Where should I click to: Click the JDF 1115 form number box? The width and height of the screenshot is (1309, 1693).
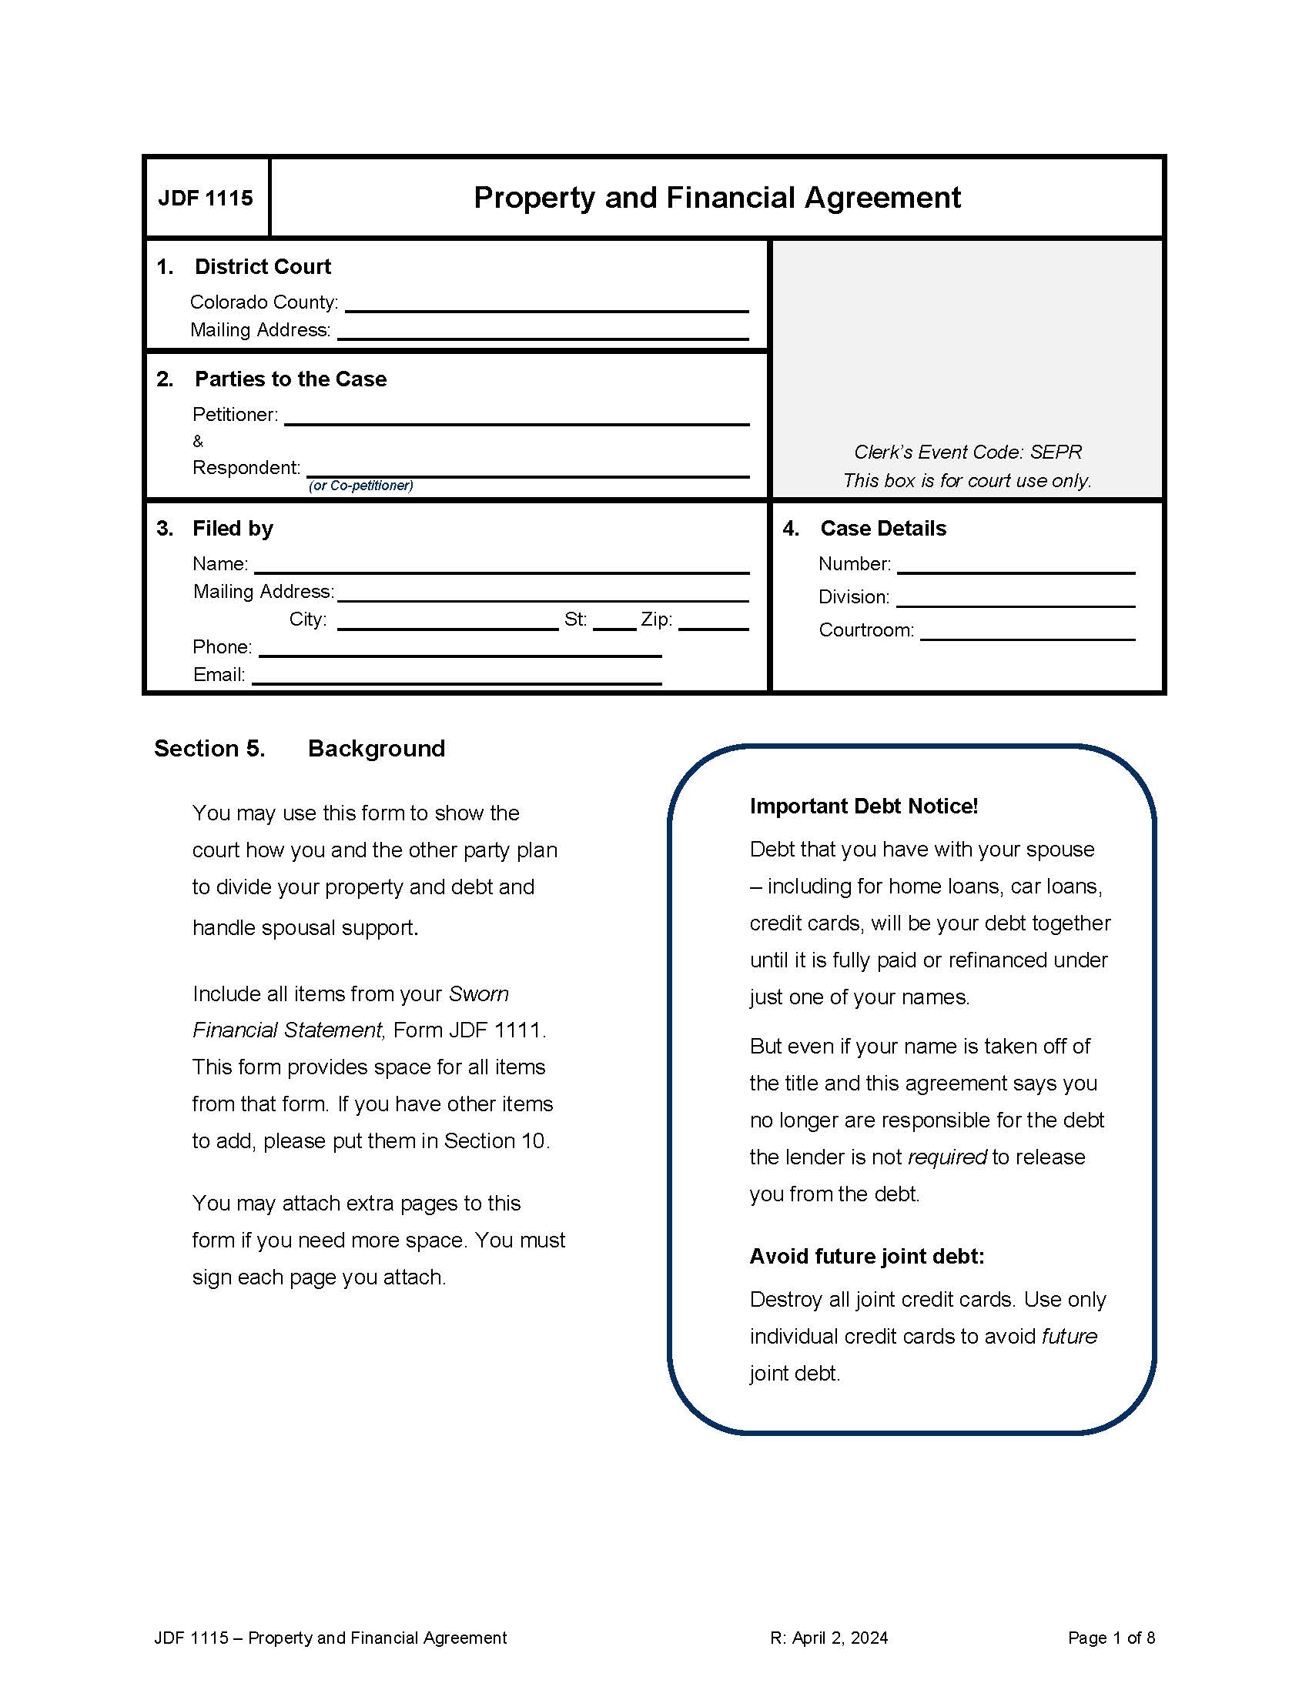tap(206, 199)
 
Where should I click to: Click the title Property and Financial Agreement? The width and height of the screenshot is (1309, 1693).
tap(717, 198)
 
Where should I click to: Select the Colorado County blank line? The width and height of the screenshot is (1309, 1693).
tap(546, 304)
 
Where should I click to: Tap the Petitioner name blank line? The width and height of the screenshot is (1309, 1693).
tap(517, 416)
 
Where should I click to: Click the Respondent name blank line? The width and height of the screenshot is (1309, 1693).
tap(527, 469)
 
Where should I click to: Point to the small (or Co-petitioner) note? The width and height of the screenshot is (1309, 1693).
tap(360, 486)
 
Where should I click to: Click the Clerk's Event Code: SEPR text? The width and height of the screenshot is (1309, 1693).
tap(967, 452)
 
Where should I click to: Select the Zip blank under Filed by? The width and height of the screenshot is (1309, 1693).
tap(714, 622)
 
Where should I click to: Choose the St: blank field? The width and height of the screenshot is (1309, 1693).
tap(614, 622)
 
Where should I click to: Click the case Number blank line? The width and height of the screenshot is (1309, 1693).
tap(1016, 566)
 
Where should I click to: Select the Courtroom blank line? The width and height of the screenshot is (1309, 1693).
tap(1027, 632)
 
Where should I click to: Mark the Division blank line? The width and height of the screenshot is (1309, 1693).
tap(1016, 599)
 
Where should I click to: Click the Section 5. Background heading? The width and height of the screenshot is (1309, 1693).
tap(300, 749)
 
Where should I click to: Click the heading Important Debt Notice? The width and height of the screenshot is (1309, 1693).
tap(863, 806)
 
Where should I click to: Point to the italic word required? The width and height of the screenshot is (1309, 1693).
tap(946, 1157)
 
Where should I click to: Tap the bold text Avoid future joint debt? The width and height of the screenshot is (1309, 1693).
tap(866, 1257)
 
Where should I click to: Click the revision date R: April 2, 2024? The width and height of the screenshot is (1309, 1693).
tap(829, 1638)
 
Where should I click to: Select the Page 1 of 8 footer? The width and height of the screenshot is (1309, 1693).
tap(1110, 1638)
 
